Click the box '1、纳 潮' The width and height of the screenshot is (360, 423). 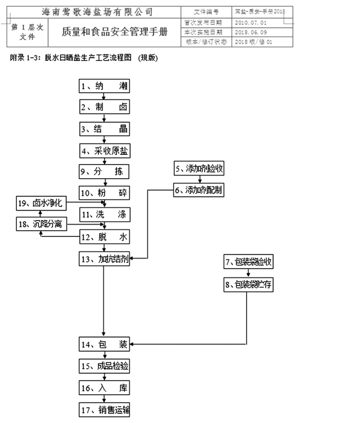tap(104, 86)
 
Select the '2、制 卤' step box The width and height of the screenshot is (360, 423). tap(104, 107)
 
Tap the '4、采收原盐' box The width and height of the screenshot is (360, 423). tap(104, 151)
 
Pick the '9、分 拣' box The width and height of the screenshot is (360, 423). tap(104, 172)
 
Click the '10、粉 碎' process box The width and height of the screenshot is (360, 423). tap(104, 193)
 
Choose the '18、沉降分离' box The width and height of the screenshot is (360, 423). tap(41, 224)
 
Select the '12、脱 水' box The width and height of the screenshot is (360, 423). tap(104, 237)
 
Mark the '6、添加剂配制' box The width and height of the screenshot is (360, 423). tap(199, 190)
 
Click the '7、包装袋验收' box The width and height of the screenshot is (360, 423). tap(248, 262)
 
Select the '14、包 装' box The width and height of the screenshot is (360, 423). tap(104, 345)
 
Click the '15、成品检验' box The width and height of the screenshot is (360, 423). tap(104, 366)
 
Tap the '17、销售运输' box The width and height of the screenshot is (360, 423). tap(104, 410)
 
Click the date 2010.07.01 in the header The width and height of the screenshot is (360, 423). tap(250, 23)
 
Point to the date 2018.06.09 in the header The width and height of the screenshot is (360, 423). tap(250, 32)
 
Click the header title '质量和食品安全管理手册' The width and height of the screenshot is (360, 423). tap(114, 32)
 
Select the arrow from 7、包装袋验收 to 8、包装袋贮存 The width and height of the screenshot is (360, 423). tap(248, 273)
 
